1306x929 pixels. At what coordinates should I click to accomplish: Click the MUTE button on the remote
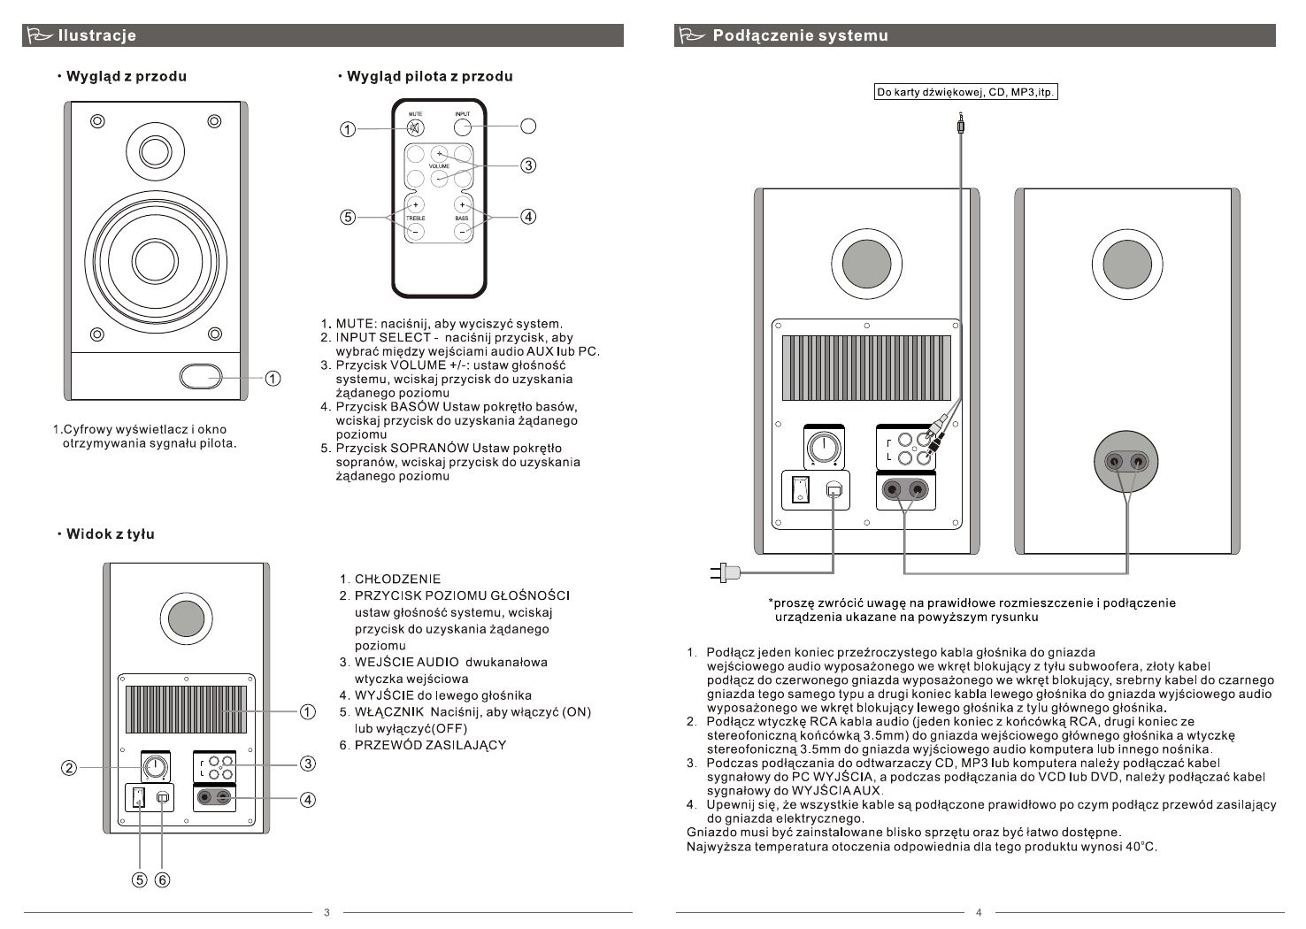tap(415, 127)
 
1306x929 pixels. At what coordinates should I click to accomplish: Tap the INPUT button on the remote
tap(462, 127)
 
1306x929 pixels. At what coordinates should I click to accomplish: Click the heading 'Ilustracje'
tap(96, 36)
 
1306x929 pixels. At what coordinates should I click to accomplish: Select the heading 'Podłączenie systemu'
tap(800, 36)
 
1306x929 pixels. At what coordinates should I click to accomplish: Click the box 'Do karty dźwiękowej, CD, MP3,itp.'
tap(965, 92)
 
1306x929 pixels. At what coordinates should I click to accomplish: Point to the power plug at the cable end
tap(725, 572)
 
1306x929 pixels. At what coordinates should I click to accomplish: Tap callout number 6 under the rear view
tap(163, 879)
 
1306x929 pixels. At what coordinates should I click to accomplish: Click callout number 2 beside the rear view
tap(68, 767)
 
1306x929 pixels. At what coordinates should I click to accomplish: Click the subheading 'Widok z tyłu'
tap(111, 534)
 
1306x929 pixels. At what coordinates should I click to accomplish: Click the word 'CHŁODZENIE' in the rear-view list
tap(397, 580)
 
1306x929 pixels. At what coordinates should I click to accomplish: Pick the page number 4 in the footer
tap(979, 912)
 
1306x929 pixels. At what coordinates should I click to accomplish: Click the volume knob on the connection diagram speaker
tap(823, 446)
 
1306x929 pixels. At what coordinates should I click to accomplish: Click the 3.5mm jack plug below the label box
tap(962, 126)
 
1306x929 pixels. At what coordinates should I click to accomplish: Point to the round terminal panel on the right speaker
tap(1126, 461)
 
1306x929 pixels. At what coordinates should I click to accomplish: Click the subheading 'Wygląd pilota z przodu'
tap(429, 76)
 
